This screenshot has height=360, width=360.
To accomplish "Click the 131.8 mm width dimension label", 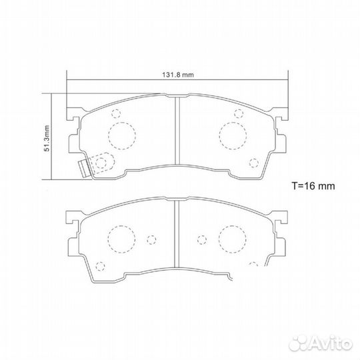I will [177, 75].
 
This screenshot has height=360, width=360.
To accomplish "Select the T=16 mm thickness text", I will [315, 185].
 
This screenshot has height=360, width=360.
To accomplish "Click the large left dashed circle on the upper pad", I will [121, 136].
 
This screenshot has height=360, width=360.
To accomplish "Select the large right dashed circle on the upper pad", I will [233, 136].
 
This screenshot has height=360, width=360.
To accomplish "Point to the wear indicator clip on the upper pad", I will [83, 169].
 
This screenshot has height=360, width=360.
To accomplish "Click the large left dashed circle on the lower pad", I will [121, 238].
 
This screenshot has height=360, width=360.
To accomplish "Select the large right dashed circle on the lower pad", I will [233, 238].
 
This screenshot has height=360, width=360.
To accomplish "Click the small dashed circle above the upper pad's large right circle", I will [237, 113].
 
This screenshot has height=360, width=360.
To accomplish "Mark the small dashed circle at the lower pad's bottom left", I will [100, 266].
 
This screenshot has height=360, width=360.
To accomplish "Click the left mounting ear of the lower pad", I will [71, 217].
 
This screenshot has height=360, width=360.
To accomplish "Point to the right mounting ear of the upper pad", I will [282, 115].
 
